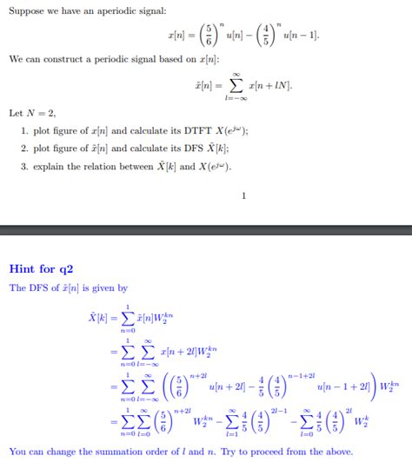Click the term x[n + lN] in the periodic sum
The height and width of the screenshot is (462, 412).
pyautogui.click(x=270, y=87)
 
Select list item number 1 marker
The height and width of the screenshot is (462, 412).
pyautogui.click(x=23, y=130)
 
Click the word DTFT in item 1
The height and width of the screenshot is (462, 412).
pyautogui.click(x=190, y=130)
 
